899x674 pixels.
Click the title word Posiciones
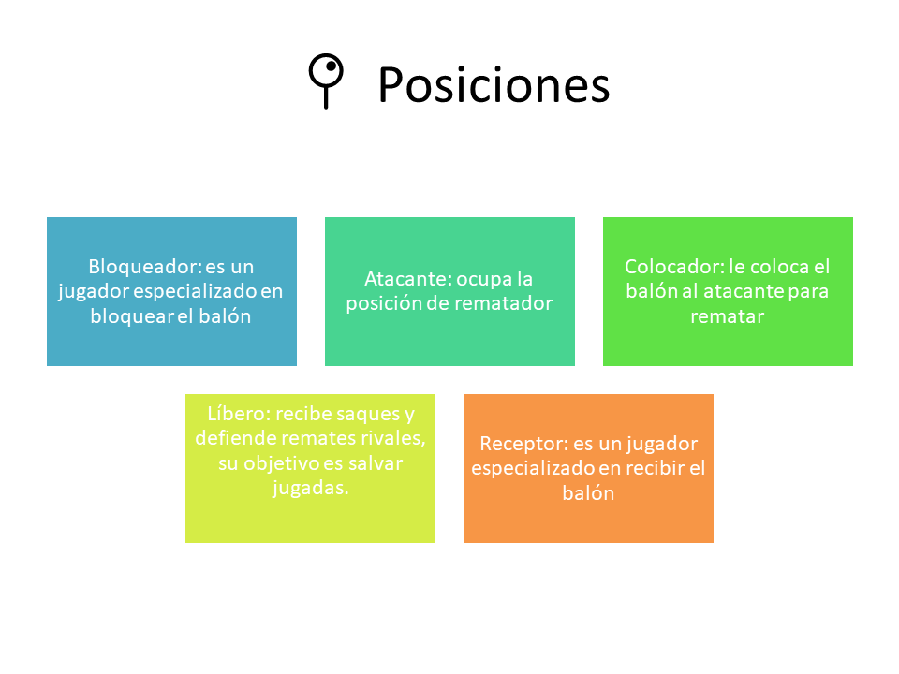coord(494,85)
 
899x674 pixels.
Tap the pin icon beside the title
coord(326,81)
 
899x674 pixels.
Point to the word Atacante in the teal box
coord(407,279)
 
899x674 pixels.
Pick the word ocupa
coord(484,280)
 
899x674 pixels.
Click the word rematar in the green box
coord(727,316)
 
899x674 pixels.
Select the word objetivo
coord(282,463)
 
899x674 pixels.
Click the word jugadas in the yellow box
coord(310,489)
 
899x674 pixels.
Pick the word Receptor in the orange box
coord(523,444)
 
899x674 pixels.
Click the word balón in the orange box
coord(588,493)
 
